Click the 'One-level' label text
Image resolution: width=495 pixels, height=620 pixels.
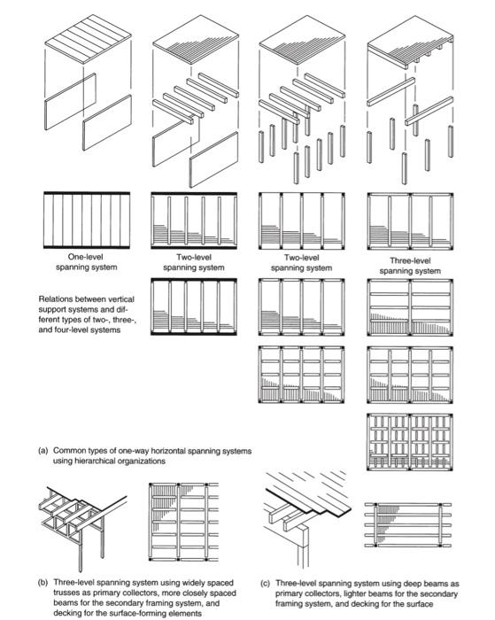[x=85, y=257]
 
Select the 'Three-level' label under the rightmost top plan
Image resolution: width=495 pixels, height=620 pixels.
[x=410, y=261]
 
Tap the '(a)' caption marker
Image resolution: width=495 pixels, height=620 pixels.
[x=43, y=450]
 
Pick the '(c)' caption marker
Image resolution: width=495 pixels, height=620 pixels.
[x=266, y=584]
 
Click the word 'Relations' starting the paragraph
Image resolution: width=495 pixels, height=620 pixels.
[x=57, y=299]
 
